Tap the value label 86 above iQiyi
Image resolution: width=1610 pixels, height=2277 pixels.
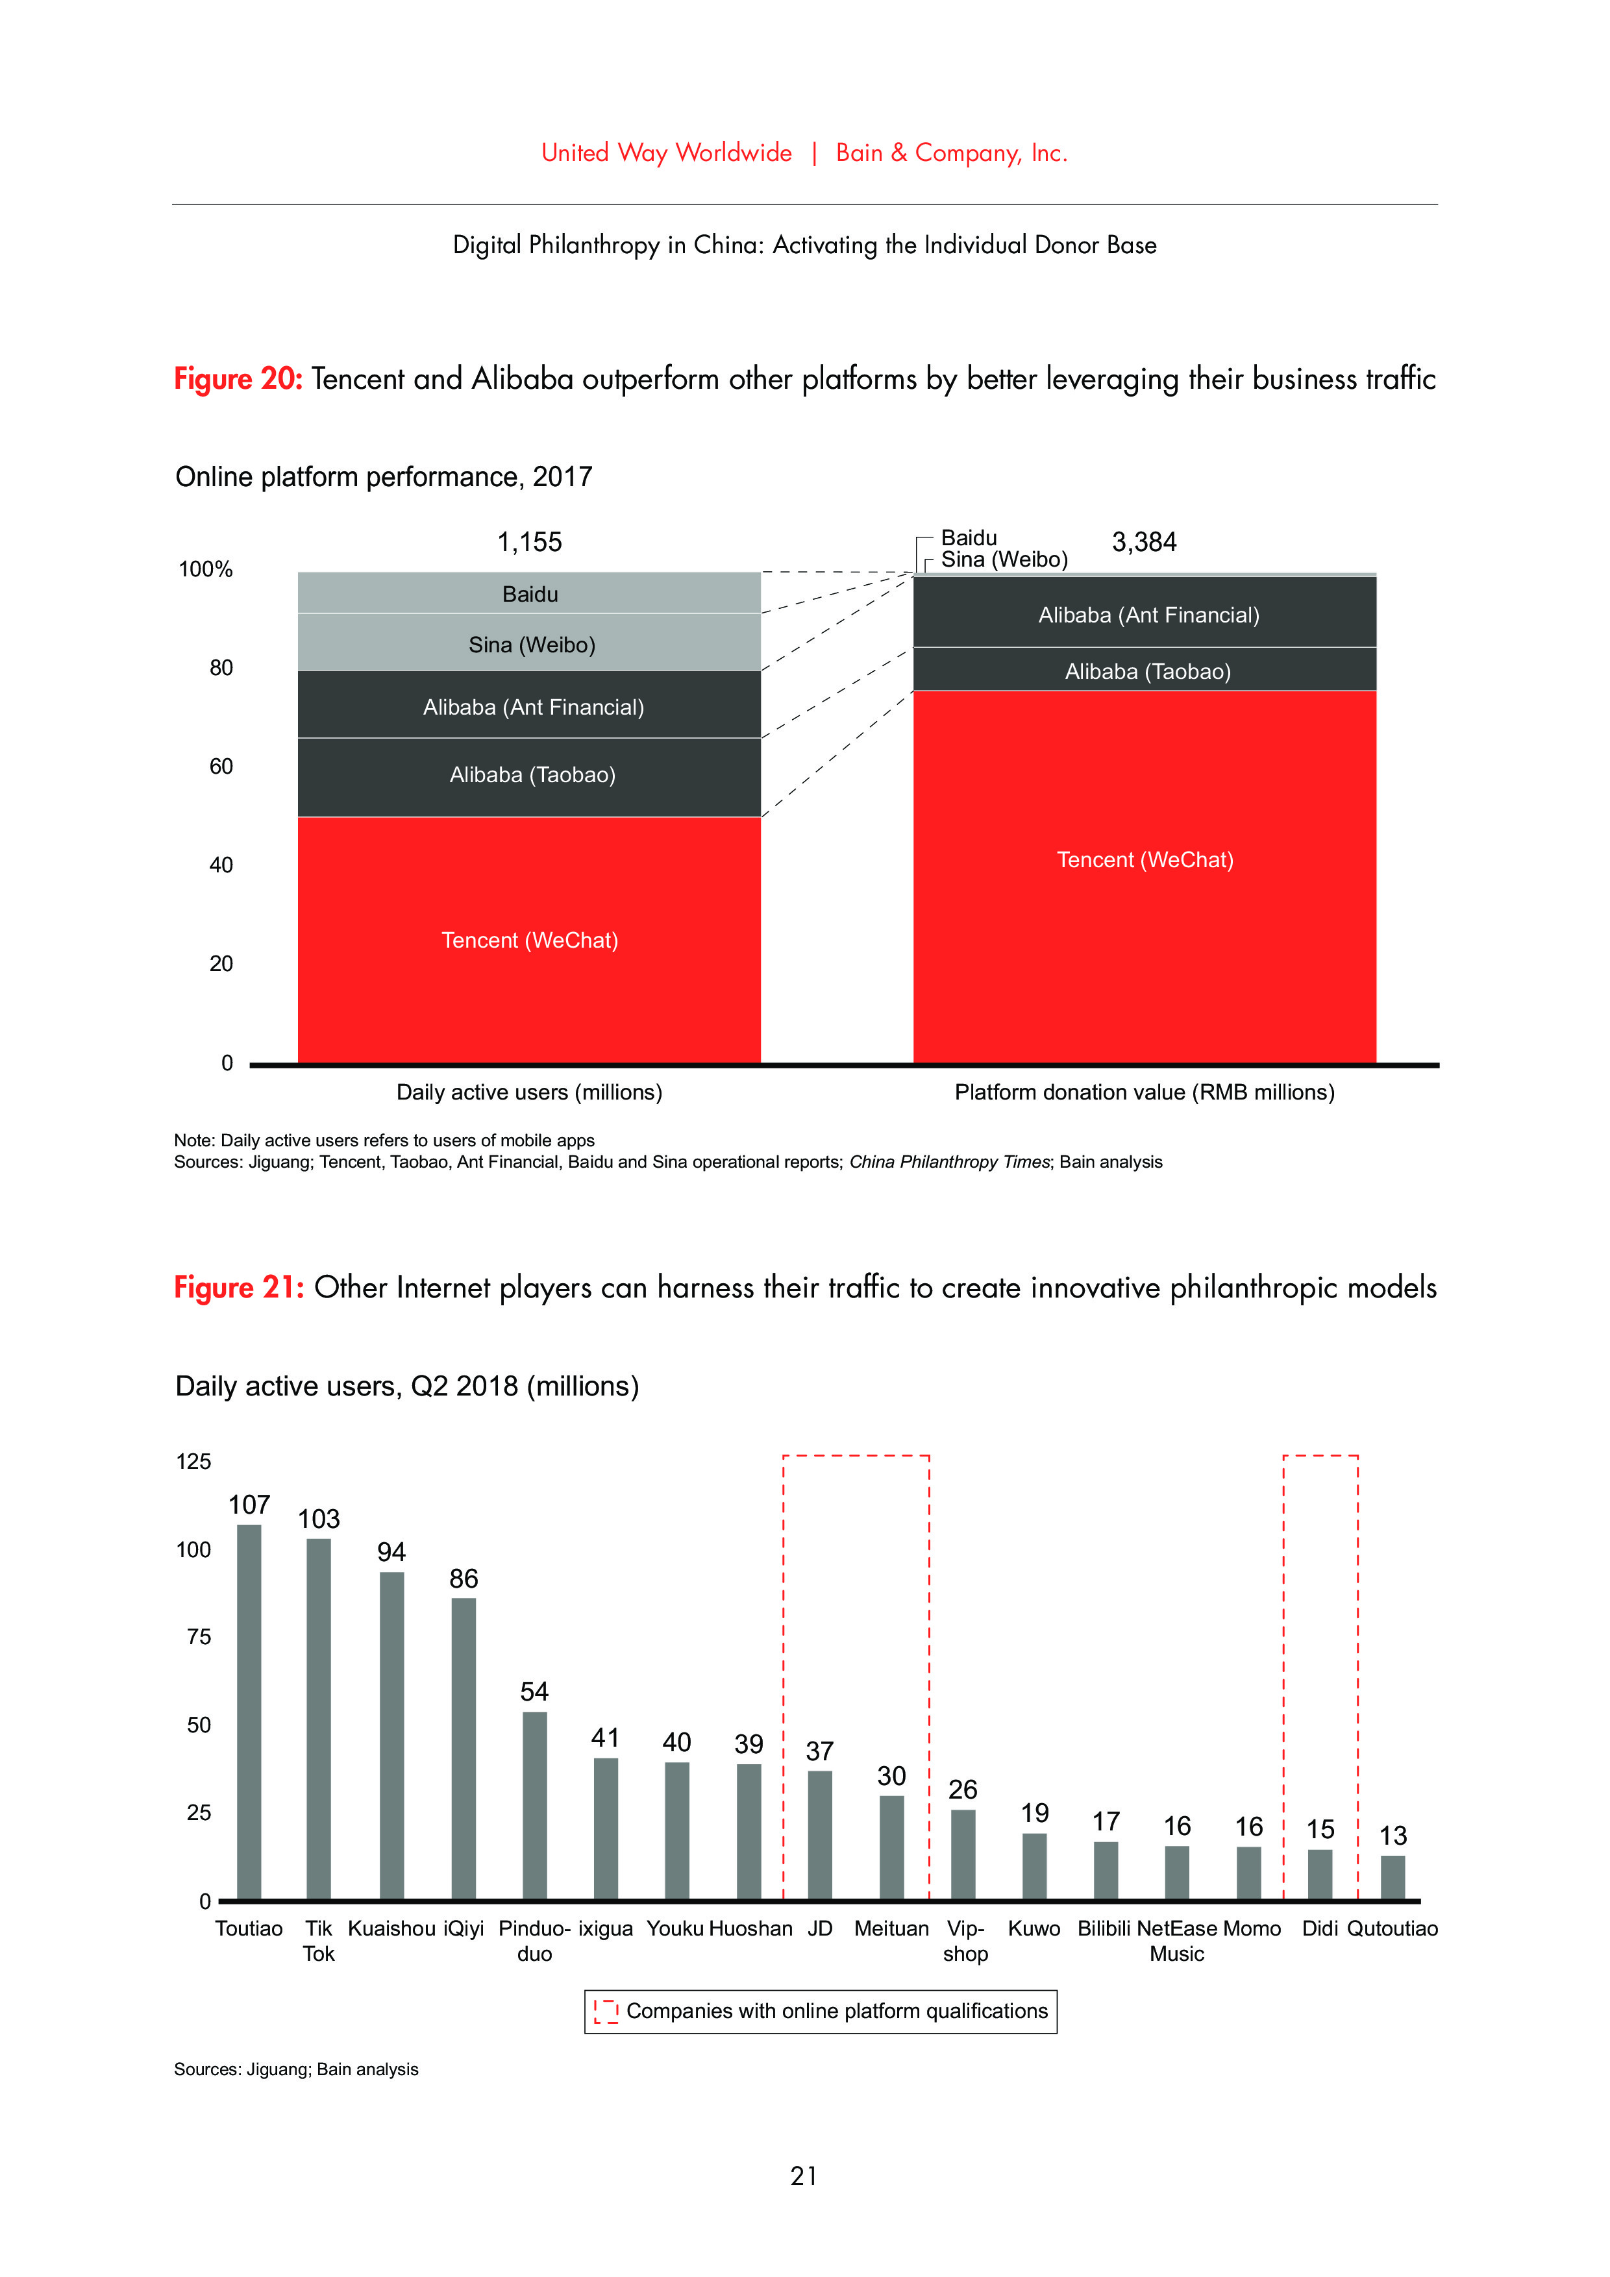pyautogui.click(x=464, y=1578)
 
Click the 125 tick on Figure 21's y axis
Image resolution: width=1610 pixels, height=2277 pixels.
pyautogui.click(x=193, y=1461)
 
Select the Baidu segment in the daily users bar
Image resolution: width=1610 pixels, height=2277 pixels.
pyautogui.click(x=530, y=593)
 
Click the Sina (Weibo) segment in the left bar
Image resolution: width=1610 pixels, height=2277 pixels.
pyautogui.click(x=530, y=643)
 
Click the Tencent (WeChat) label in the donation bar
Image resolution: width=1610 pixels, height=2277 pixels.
pyautogui.click(x=1145, y=859)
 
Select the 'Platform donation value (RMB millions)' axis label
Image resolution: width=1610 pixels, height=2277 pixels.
pyautogui.click(x=1144, y=1092)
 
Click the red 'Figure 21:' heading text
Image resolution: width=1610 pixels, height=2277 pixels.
pyautogui.click(x=238, y=1286)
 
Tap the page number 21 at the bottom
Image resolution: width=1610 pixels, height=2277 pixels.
pyautogui.click(x=804, y=2176)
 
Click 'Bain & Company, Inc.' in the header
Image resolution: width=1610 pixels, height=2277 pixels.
pyautogui.click(x=950, y=153)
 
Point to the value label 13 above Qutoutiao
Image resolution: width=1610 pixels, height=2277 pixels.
pyautogui.click(x=1393, y=1835)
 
